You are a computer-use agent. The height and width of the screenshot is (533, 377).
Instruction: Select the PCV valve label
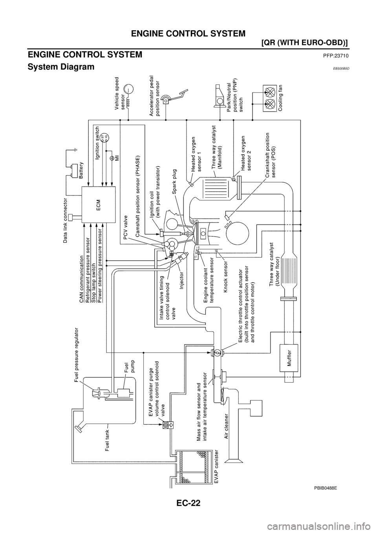[126, 228]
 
